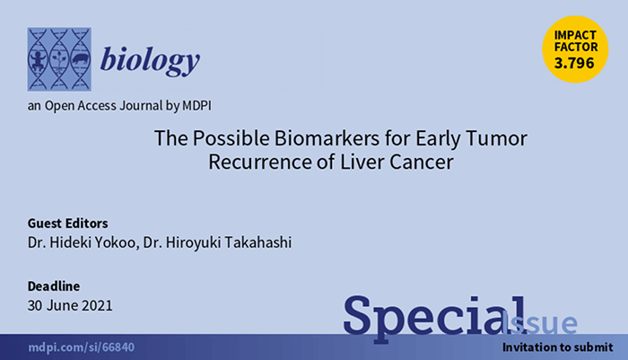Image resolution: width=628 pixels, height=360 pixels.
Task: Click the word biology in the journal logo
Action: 150,61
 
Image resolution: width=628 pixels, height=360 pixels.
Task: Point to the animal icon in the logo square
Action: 80,60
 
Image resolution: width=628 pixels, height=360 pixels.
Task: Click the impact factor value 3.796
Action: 574,63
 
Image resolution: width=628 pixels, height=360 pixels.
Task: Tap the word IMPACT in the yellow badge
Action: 575,35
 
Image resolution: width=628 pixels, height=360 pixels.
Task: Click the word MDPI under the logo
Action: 196,106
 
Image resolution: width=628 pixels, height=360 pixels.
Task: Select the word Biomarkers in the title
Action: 327,138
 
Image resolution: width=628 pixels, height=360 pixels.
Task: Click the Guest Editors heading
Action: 67,224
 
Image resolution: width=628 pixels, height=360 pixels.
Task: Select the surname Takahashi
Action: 258,242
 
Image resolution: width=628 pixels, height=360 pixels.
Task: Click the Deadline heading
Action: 54,286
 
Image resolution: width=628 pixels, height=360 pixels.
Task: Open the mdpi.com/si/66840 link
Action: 82,347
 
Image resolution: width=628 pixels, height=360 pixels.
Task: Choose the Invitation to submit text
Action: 557,347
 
